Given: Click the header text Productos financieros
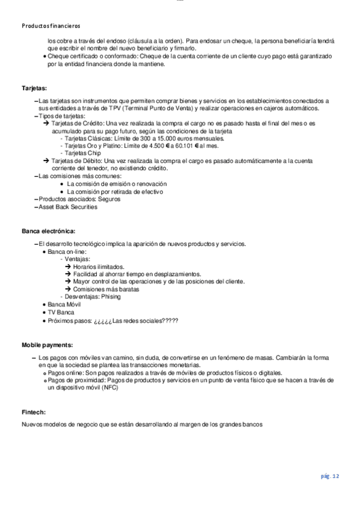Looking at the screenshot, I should [x=50, y=26].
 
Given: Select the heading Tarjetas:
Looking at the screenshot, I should [x=34, y=88].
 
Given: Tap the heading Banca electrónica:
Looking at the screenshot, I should [x=49, y=231].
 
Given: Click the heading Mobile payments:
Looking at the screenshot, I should [x=47, y=345].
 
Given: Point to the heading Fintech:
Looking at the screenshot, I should [x=34, y=412].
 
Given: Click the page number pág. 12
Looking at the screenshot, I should [x=330, y=476].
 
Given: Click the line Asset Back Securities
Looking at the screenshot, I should [x=67, y=206].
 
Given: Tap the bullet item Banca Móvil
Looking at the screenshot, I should [x=64, y=305].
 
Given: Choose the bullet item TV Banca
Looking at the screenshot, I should [x=61, y=313].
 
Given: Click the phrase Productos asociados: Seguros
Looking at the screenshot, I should [x=79, y=198].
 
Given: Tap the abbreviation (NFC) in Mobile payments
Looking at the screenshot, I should [x=110, y=388].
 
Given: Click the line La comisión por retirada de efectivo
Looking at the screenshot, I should [x=116, y=191].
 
